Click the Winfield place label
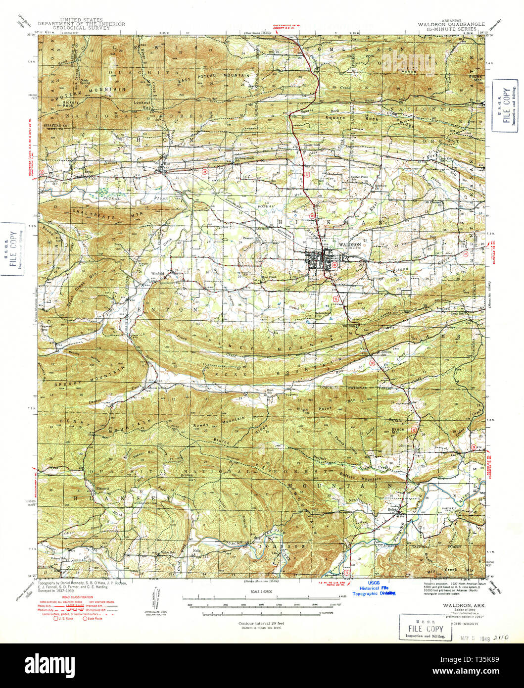point(157,273)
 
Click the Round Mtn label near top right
point(475,78)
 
